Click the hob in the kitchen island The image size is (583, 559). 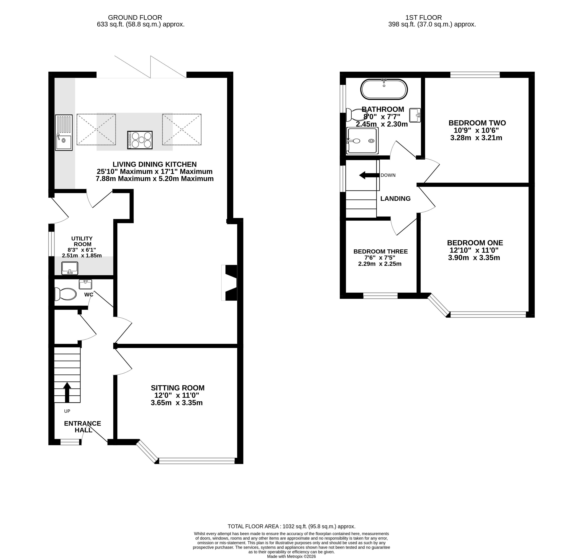coord(140,140)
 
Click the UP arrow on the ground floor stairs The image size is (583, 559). coord(67,393)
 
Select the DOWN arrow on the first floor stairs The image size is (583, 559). coord(369,175)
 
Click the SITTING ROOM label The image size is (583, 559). coord(178,388)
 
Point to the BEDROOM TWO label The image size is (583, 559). coord(477,123)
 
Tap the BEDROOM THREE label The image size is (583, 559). coord(380,251)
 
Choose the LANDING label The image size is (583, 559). coord(395,198)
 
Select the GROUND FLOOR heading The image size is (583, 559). coord(135,18)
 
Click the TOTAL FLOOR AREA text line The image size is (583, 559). coord(292,526)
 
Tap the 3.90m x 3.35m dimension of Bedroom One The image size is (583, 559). coord(474,258)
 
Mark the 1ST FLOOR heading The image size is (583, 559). coord(424,18)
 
